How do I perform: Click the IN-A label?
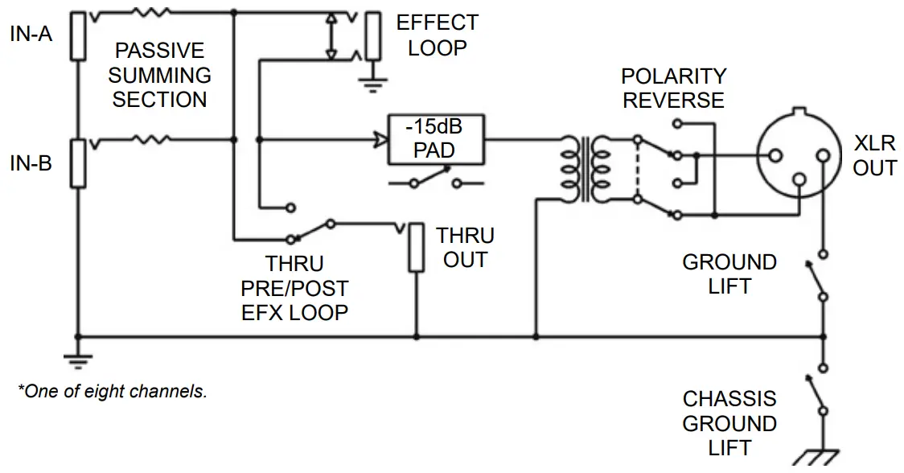click(x=31, y=35)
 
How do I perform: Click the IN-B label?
click(x=31, y=163)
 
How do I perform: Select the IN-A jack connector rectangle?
click(x=77, y=36)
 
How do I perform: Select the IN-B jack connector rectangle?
click(x=77, y=163)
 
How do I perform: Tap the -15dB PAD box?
click(x=434, y=138)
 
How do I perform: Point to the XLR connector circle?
click(x=795, y=153)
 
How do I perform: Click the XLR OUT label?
click(x=874, y=155)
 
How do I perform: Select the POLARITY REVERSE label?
click(x=673, y=88)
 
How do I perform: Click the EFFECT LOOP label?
click(x=437, y=35)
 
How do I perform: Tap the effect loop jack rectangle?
click(x=372, y=36)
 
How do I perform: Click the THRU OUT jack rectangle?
click(x=416, y=249)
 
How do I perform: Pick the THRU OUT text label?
click(x=465, y=248)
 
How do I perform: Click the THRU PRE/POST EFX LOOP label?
click(x=294, y=288)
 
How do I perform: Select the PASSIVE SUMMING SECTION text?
click(x=159, y=75)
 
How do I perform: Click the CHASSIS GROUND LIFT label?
click(x=729, y=423)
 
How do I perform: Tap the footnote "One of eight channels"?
click(x=113, y=392)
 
